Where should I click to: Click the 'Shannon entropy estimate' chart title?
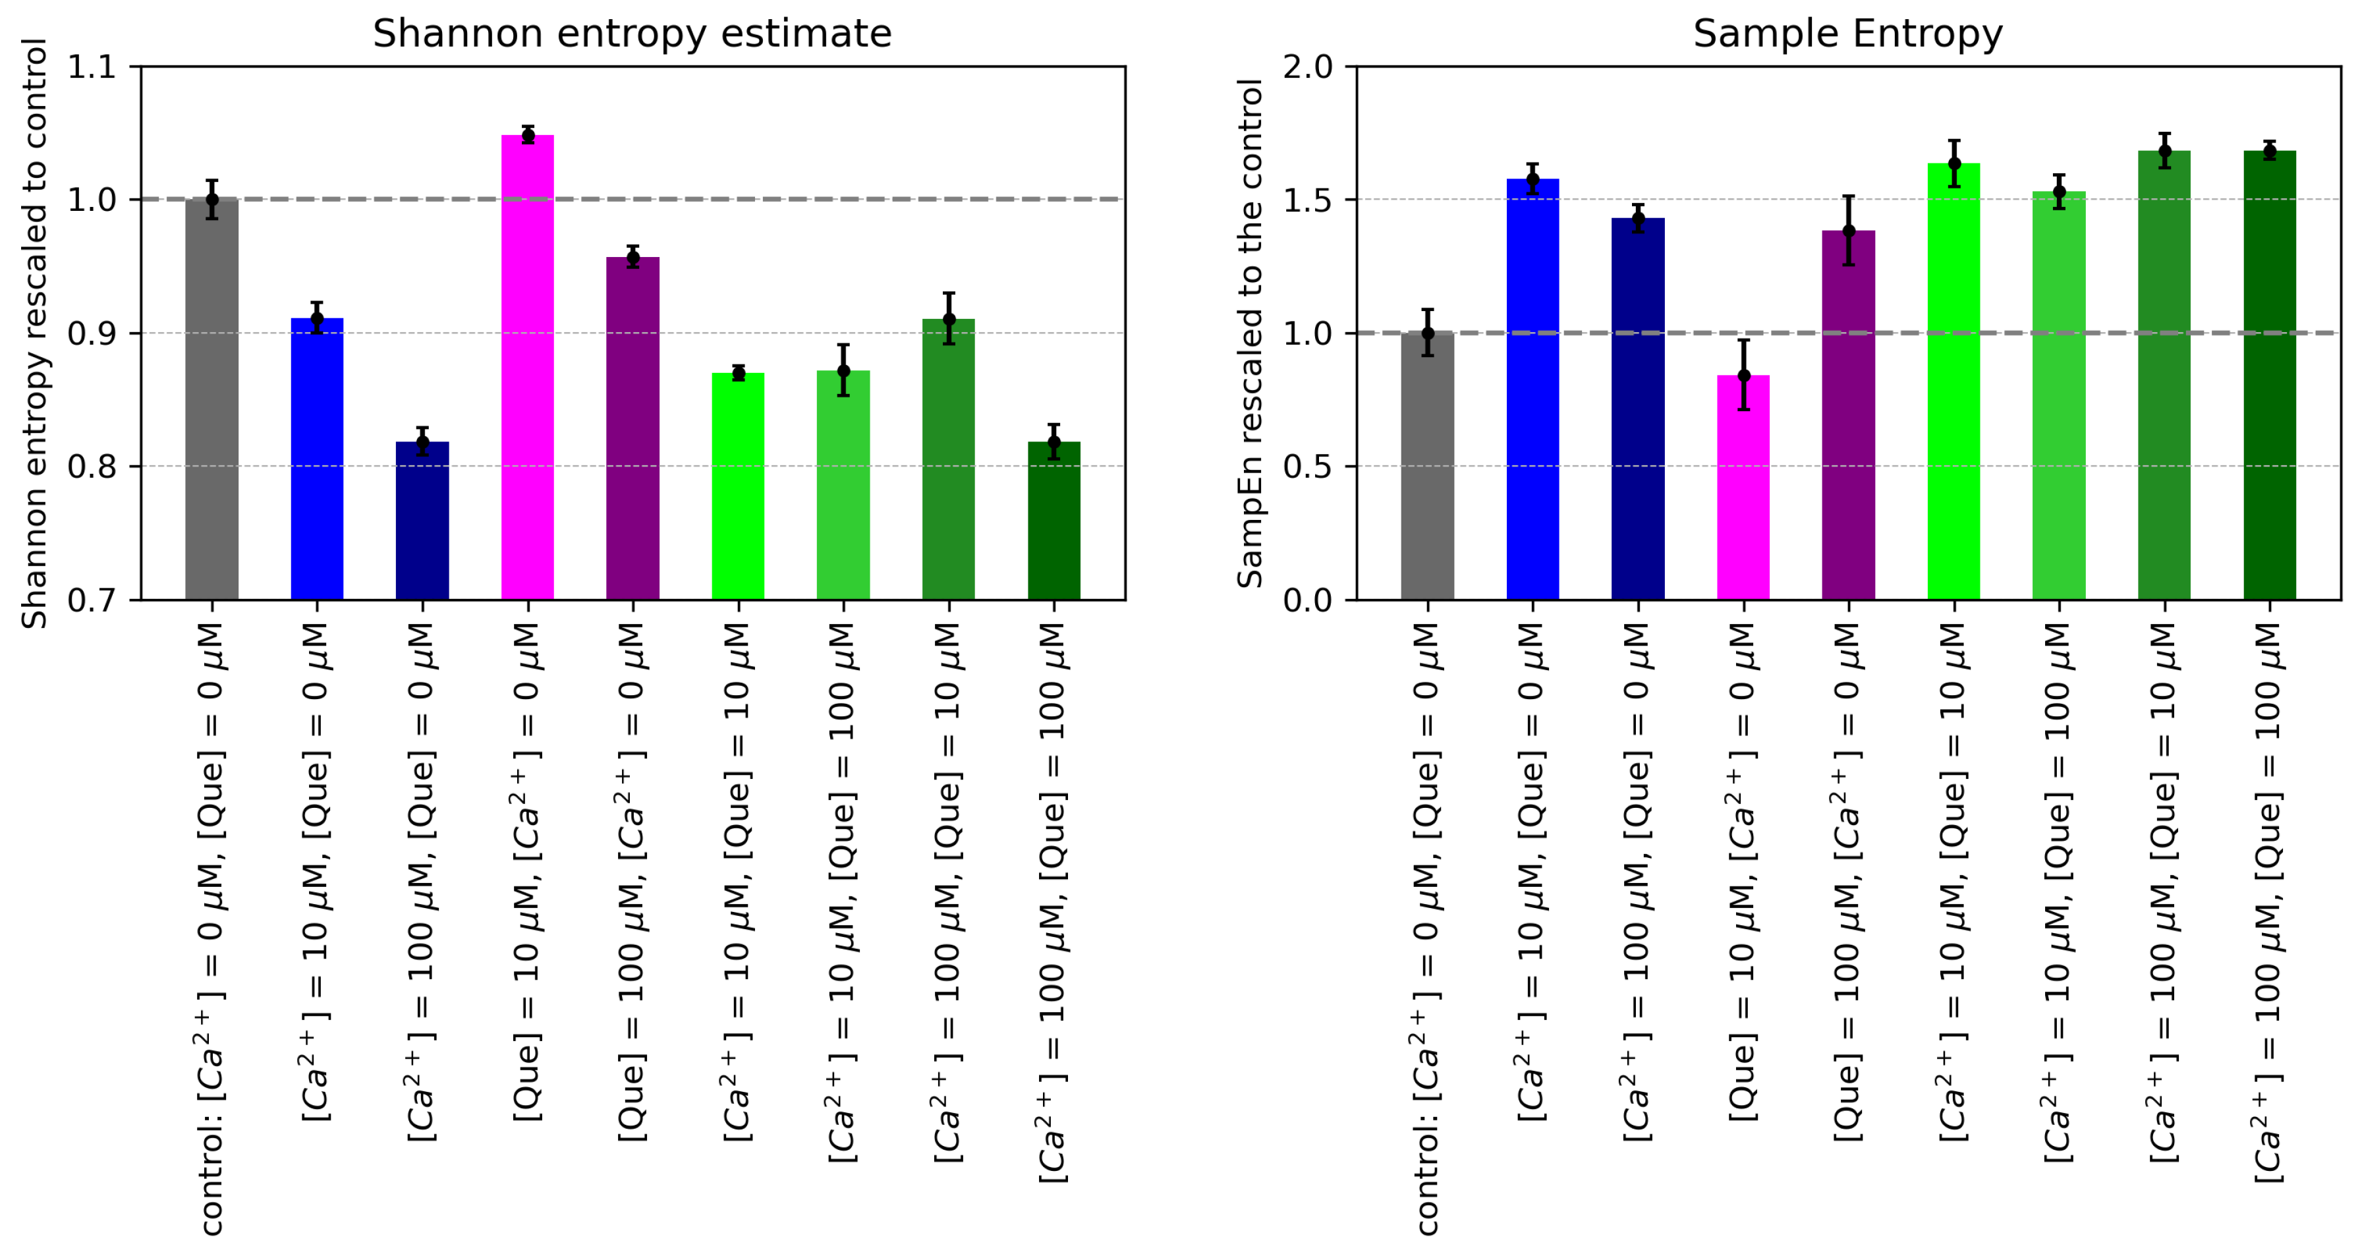tap(631, 34)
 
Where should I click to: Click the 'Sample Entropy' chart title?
tap(1847, 34)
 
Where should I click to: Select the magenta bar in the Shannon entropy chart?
tap(528, 366)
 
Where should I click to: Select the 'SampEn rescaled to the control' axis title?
tap(1250, 333)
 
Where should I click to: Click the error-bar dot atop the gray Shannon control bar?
tap(211, 199)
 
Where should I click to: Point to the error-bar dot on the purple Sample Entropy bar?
tap(1849, 231)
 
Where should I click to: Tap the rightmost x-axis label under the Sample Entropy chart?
tap(2269, 902)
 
